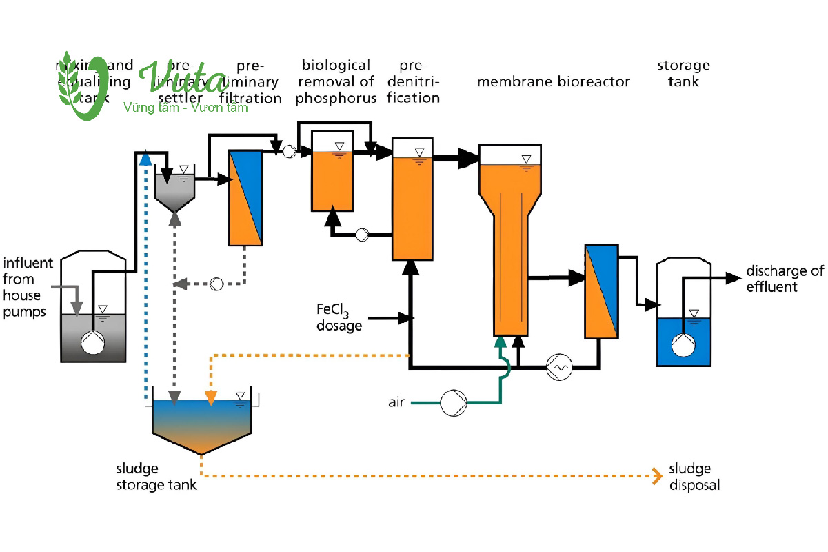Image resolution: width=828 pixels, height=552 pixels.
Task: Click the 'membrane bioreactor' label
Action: point(554,82)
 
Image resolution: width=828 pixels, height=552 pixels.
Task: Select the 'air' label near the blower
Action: point(396,402)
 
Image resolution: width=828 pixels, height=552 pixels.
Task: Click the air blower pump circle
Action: point(454,402)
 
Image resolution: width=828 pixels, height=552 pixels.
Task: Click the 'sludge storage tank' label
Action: point(156,477)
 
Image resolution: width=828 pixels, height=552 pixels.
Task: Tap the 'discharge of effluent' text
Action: point(785,279)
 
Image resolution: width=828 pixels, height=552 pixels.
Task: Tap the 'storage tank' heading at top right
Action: point(683,74)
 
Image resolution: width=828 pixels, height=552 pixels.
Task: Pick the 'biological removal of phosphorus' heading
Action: point(336,81)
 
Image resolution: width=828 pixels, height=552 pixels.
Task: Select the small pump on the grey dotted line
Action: point(216,283)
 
